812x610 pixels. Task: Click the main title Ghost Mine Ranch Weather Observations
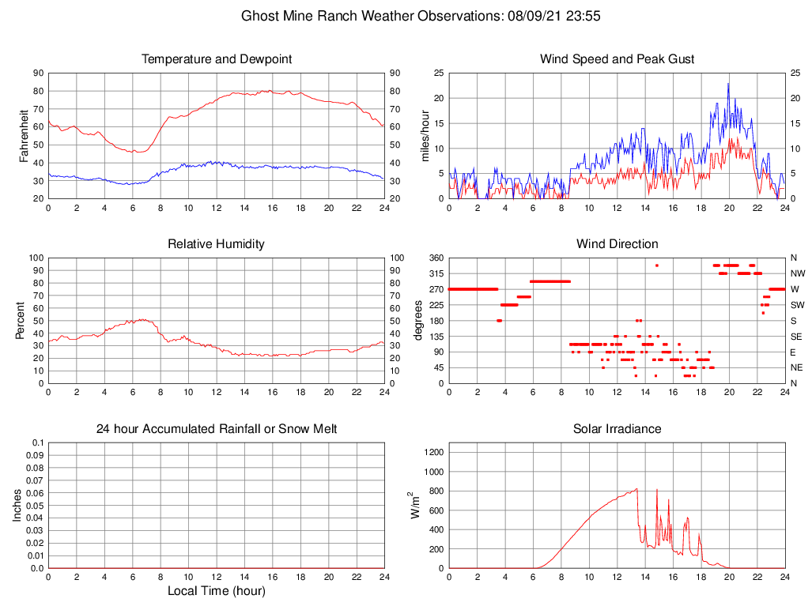tap(420, 15)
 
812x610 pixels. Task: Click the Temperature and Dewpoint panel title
tap(216, 59)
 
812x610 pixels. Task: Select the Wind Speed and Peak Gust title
tap(617, 59)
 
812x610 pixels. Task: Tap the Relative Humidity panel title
tap(216, 244)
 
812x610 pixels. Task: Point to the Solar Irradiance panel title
tap(617, 429)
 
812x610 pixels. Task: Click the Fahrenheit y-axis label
tap(24, 136)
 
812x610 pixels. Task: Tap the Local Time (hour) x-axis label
tap(216, 591)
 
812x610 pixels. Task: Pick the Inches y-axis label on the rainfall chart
tap(17, 506)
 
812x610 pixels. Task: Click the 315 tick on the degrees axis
tap(436, 273)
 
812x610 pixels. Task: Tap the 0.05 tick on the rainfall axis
tap(35, 506)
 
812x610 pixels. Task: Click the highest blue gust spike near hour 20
tap(728, 84)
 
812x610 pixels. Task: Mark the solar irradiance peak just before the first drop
tap(636, 489)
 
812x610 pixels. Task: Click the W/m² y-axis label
tap(412, 506)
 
